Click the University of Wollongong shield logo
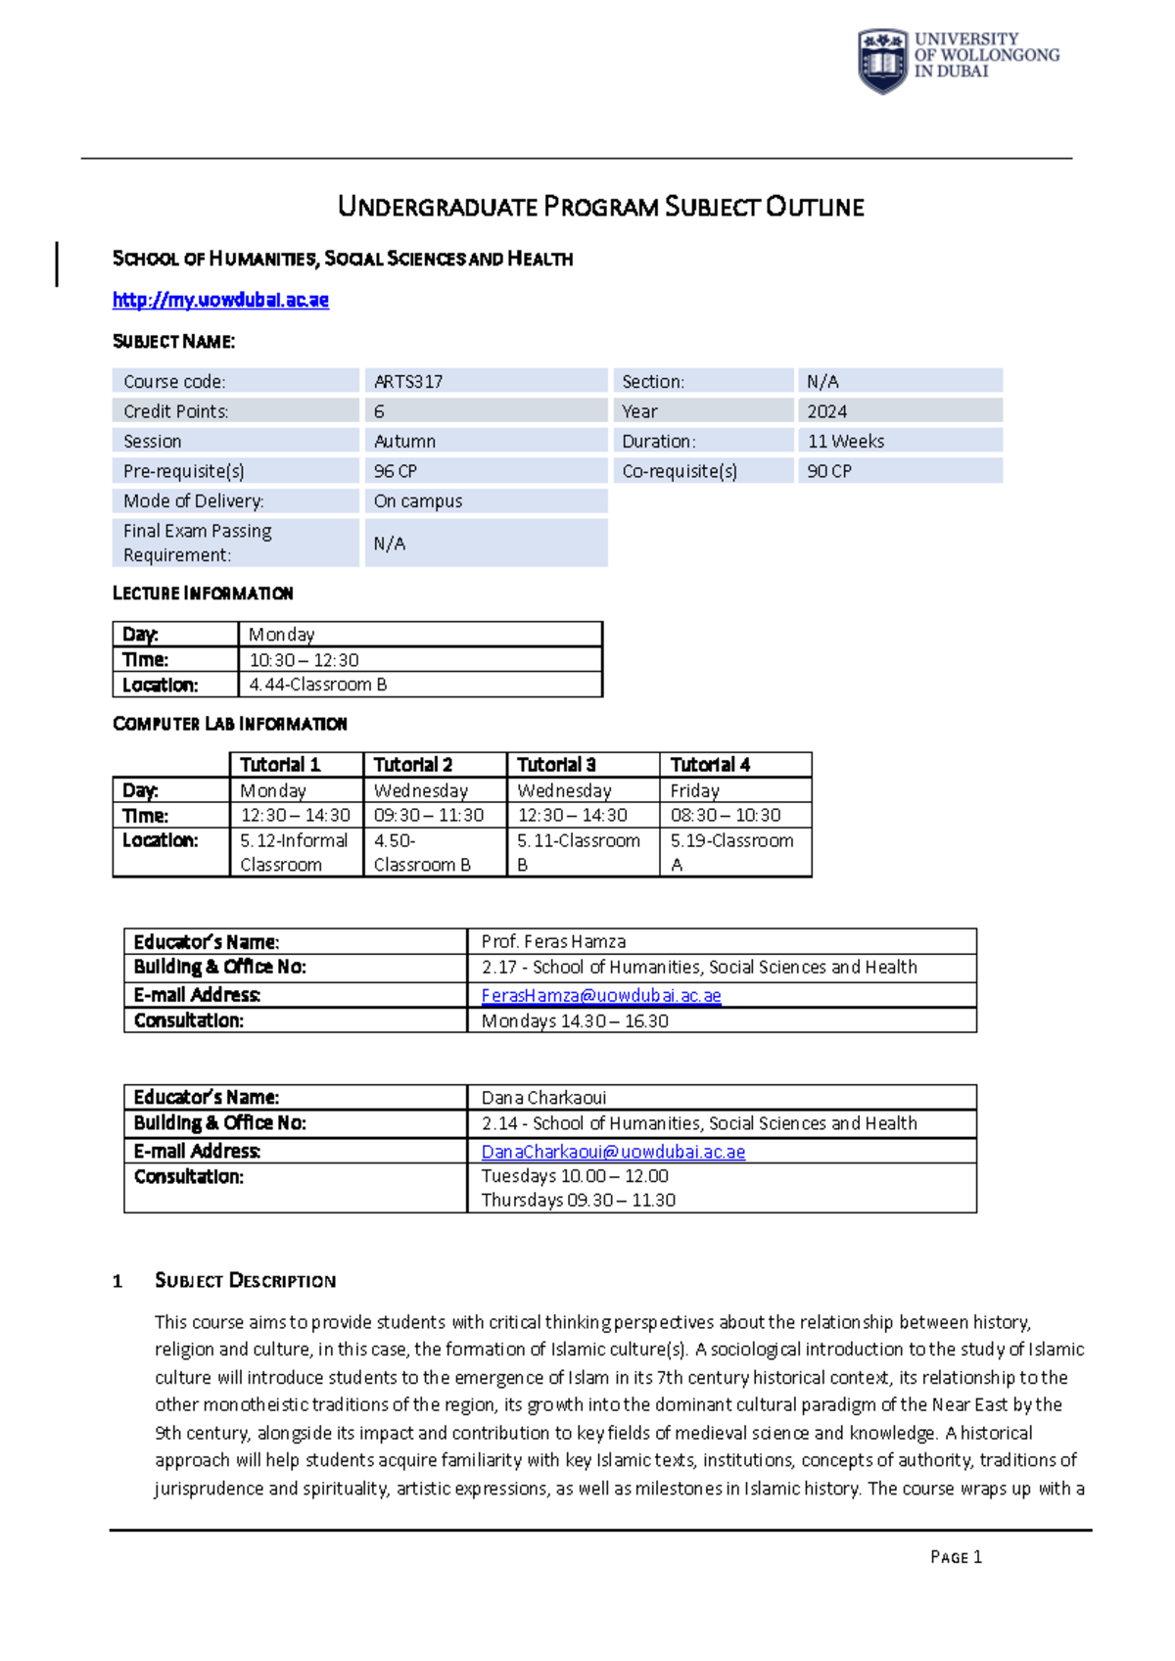(882, 61)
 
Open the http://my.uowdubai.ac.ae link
(220, 300)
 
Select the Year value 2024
(827, 411)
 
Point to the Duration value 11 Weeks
(846, 442)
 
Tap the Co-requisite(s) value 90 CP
(829, 471)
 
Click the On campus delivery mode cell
(418, 501)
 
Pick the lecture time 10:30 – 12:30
(305, 660)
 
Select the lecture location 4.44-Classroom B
(318, 685)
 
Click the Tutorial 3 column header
(556, 765)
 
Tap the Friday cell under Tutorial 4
(695, 790)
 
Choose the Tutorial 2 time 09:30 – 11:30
(429, 815)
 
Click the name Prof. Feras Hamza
(553, 941)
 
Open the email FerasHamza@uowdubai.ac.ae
(601, 995)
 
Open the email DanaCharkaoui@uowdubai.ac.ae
(613, 1152)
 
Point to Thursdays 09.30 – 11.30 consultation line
(579, 1200)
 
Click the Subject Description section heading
(245, 1281)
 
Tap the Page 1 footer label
(956, 1557)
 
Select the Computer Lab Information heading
(230, 724)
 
